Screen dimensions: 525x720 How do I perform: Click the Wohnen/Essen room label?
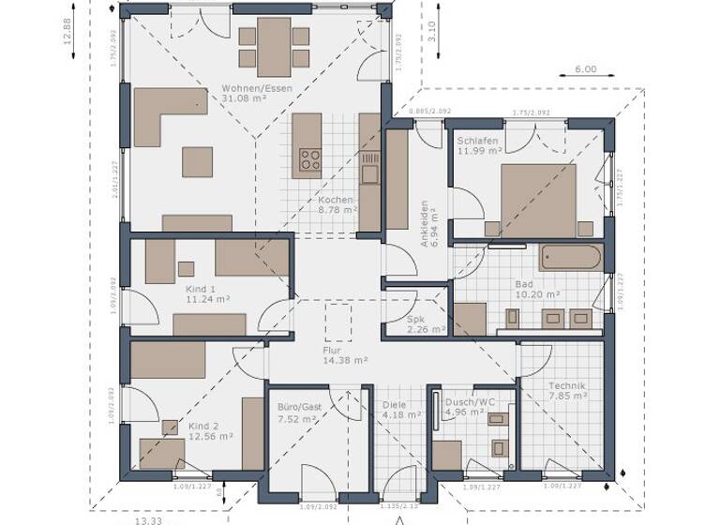click(257, 89)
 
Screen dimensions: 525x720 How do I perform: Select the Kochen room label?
click(335, 200)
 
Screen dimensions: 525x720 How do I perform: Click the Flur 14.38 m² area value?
click(345, 360)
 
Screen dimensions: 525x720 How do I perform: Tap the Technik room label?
click(568, 385)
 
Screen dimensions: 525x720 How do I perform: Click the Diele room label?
click(395, 405)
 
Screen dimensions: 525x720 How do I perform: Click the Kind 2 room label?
click(202, 424)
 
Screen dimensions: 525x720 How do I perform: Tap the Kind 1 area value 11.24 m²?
click(208, 300)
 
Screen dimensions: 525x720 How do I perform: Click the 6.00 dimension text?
click(585, 69)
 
